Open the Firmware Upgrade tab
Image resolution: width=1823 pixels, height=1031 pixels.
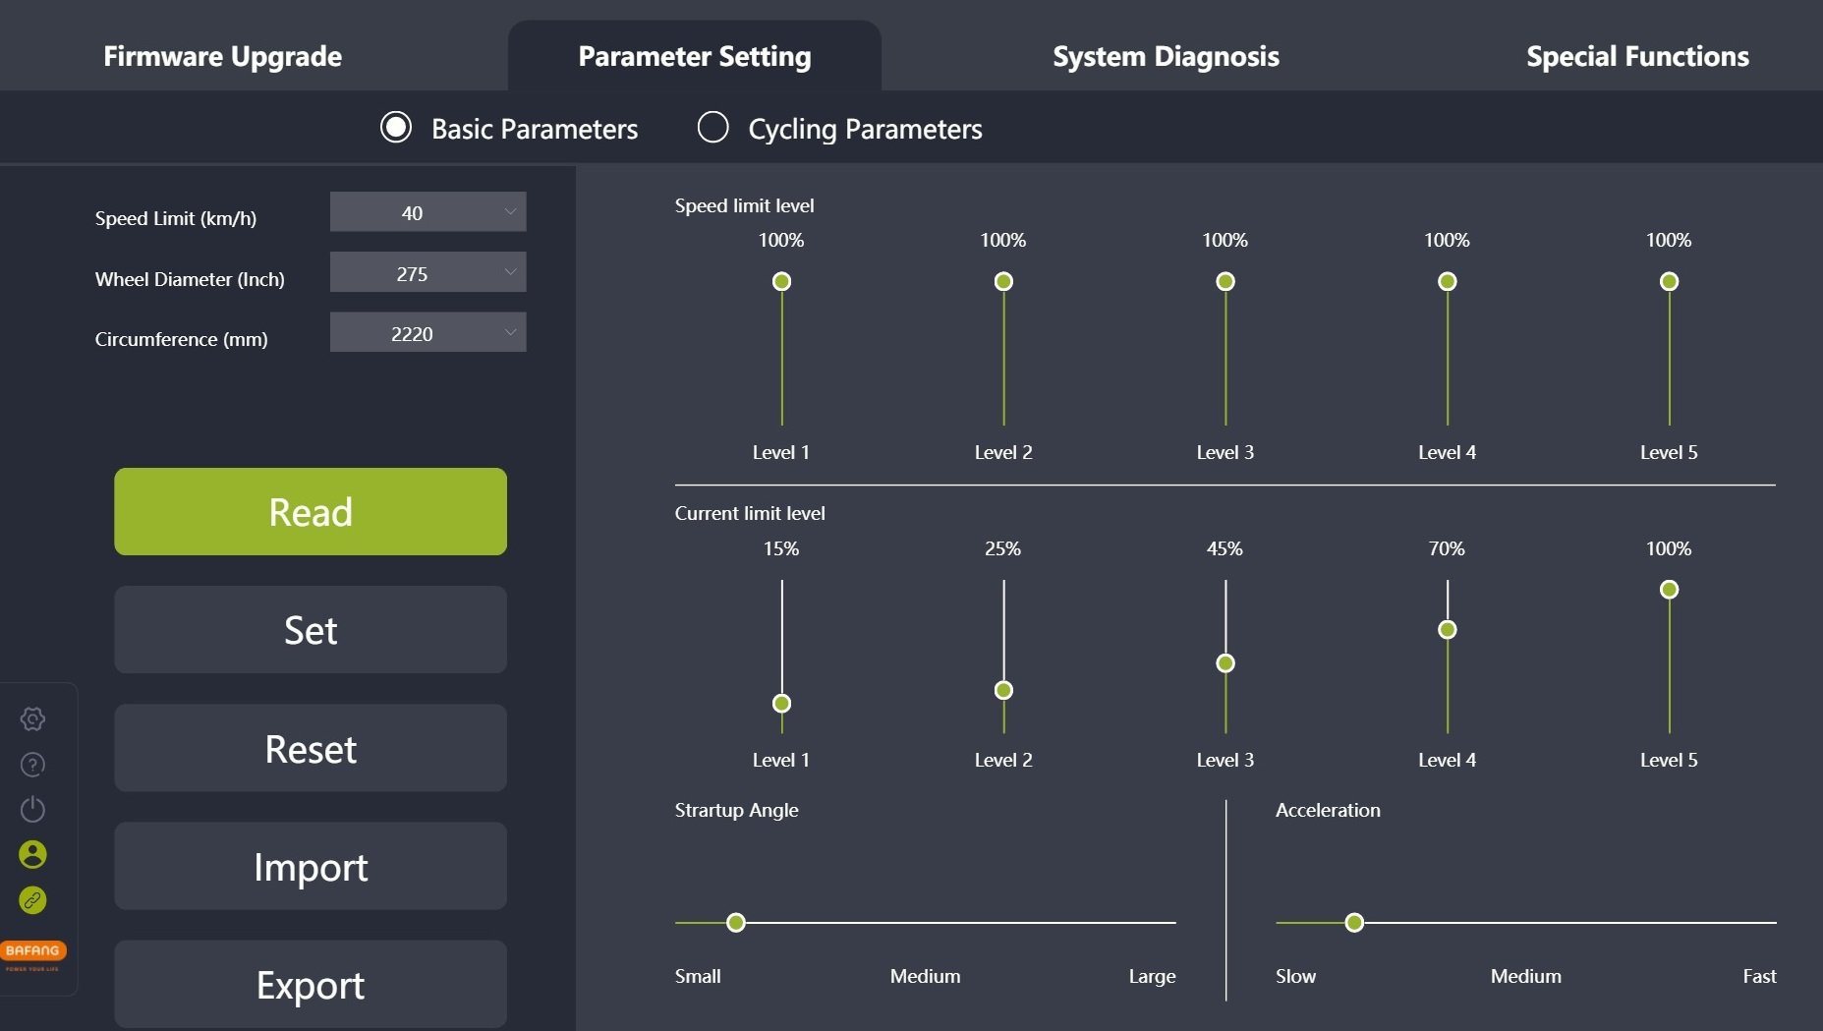223,56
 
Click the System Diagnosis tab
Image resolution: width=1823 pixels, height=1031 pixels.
1166,56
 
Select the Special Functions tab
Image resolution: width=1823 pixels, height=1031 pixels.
1637,56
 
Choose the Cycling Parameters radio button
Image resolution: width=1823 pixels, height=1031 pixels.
713,128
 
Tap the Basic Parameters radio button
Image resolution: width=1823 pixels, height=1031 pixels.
396,128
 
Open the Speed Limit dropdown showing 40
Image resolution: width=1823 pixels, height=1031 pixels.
427,212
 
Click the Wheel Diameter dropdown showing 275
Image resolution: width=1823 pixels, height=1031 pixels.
427,273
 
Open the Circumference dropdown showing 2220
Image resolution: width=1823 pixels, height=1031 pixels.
427,333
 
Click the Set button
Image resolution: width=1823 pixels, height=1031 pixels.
311,630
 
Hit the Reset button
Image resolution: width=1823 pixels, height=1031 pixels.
311,749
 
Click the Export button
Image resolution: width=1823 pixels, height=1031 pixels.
311,985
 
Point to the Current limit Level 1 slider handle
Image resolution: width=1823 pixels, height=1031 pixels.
781,704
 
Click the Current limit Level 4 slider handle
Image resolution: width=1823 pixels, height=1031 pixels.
1447,630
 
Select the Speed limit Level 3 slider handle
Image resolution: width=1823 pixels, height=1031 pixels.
1225,282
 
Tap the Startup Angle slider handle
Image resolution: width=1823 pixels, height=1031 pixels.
736,923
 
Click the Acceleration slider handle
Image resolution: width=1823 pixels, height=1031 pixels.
1354,923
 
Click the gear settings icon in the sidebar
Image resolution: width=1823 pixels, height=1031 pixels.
32,719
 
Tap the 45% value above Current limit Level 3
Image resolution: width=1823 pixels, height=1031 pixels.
1225,548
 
